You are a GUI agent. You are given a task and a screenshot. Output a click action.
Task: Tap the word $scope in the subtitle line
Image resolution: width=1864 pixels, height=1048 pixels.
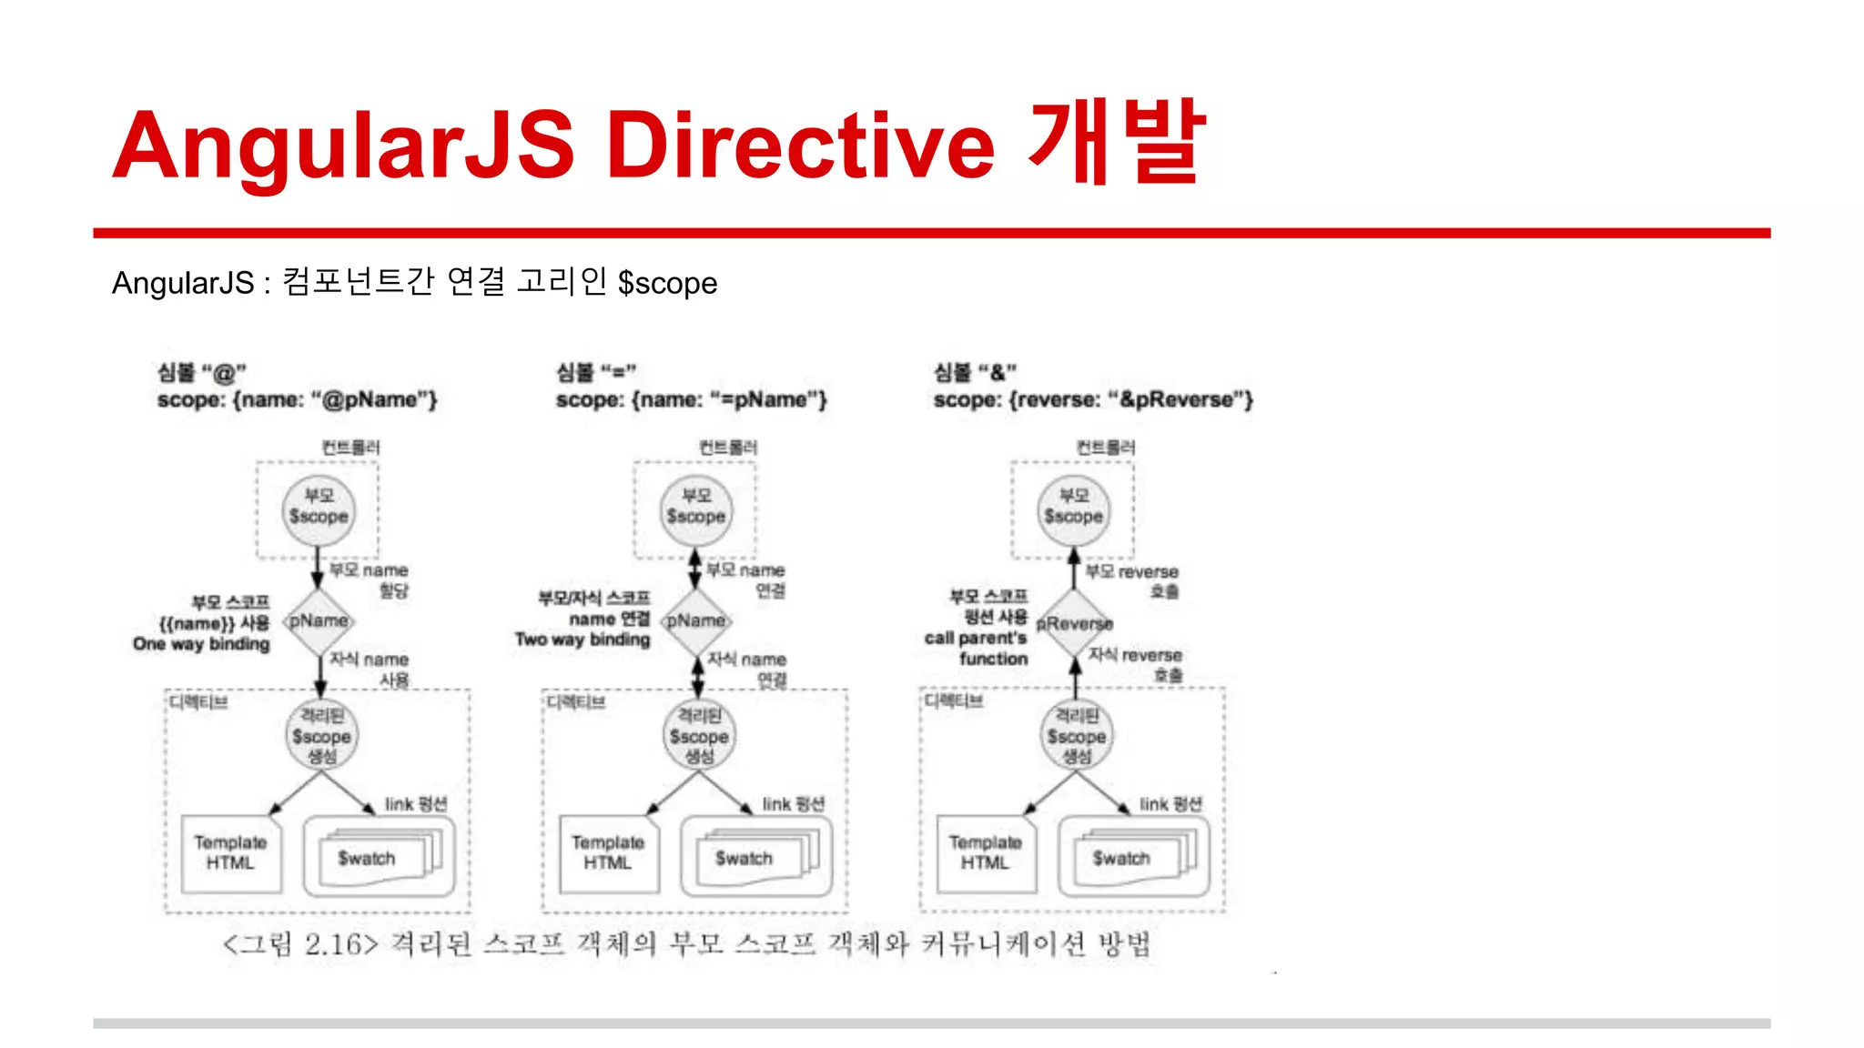coord(667,283)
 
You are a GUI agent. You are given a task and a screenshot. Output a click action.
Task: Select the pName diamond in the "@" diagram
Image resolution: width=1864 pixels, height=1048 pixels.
coord(319,621)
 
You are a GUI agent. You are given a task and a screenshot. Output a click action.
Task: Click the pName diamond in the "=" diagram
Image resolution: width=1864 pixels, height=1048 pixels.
coord(696,621)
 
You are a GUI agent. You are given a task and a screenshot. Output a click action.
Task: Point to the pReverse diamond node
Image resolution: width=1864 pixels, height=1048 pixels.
coord(1075,624)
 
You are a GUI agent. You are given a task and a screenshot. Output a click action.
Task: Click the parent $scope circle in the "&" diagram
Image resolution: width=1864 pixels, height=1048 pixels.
coord(1073,508)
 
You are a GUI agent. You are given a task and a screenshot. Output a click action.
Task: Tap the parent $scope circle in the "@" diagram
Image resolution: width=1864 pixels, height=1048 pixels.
coord(319,508)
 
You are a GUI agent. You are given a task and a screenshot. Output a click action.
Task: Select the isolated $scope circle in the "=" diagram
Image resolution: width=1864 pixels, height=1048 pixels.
coord(699,736)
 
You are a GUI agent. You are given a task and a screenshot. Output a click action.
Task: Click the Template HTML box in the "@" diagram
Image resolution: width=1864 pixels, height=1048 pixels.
coord(230,853)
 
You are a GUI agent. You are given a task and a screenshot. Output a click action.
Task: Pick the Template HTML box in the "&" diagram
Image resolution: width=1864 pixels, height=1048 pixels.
coord(986,853)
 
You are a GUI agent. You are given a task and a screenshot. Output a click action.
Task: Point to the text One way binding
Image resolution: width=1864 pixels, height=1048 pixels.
coord(201,644)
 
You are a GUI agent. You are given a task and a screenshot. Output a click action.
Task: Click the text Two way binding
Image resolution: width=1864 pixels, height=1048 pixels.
coord(582,640)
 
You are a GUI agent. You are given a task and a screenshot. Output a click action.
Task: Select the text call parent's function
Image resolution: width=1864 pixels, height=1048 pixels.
coord(976,648)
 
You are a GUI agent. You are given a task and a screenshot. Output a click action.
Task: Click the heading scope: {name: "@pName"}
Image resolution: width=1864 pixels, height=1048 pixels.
coord(297,399)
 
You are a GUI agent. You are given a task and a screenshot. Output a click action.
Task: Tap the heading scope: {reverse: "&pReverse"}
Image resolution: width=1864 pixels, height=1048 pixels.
coord(1092,399)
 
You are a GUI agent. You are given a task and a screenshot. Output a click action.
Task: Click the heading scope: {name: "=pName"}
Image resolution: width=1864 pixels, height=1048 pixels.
coord(691,399)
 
